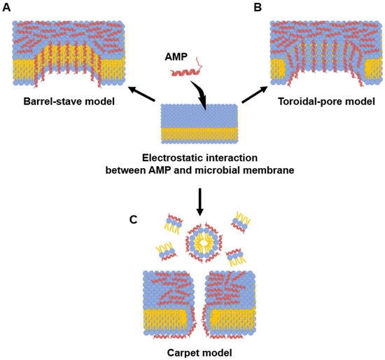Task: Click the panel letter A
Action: coord(7,8)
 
